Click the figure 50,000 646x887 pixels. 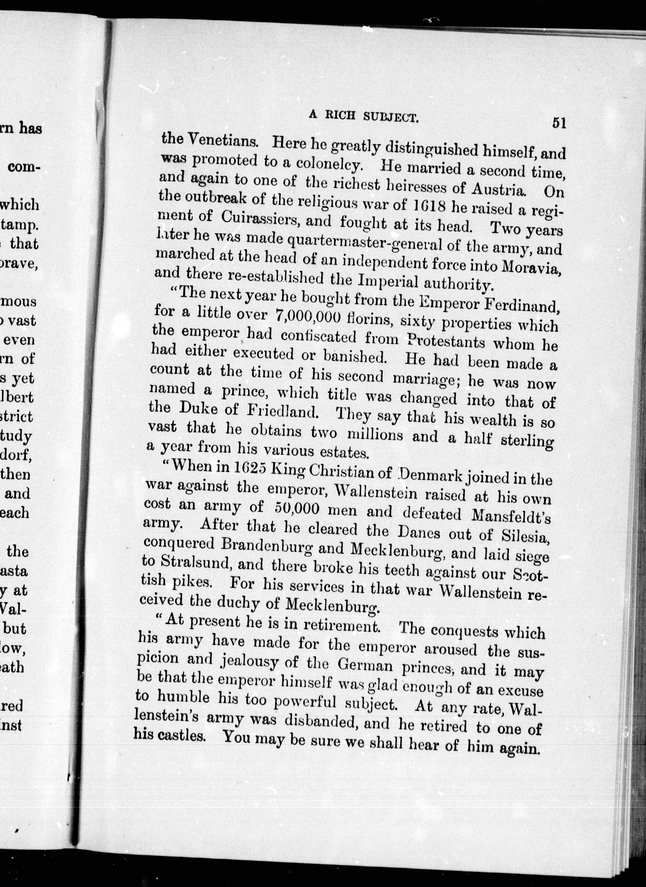coord(292,508)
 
